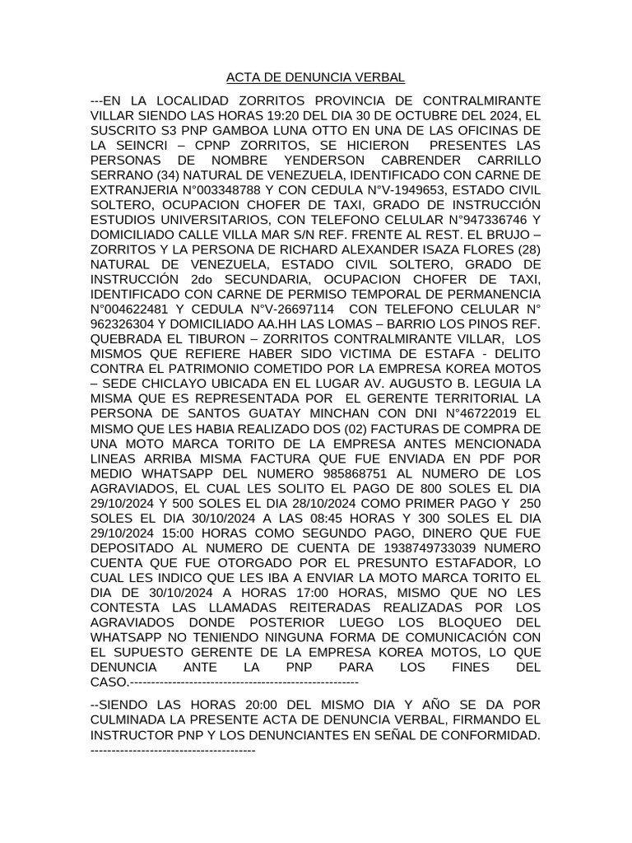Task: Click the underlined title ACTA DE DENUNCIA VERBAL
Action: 316,78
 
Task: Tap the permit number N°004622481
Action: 133,308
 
